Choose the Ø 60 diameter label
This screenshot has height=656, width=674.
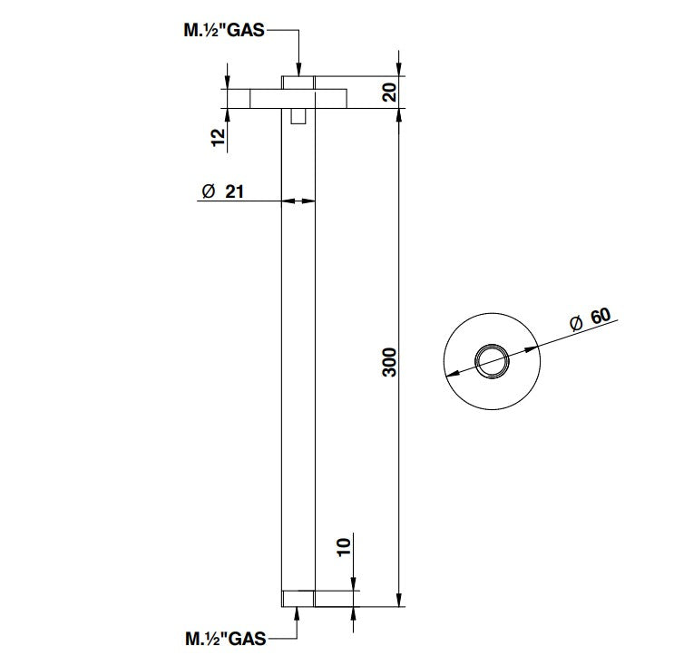click(x=589, y=320)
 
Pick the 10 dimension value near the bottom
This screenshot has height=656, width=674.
click(x=343, y=547)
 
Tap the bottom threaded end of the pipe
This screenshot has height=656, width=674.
click(x=298, y=598)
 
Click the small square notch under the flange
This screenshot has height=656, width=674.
click(x=298, y=116)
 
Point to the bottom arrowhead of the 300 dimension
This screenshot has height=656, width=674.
click(x=400, y=600)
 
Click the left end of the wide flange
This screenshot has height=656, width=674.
click(x=253, y=98)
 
